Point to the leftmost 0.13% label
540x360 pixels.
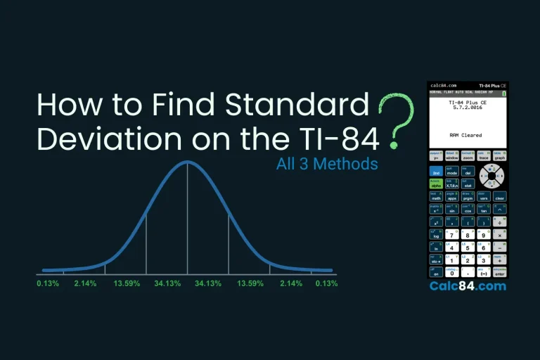coord(48,283)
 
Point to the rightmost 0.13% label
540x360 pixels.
coord(326,283)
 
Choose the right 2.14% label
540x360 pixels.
coord(291,283)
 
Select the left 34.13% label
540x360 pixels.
coord(168,283)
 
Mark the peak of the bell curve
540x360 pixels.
coord(187,162)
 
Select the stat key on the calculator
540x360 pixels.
coord(483,185)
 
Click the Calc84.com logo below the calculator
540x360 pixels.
coord(467,286)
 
